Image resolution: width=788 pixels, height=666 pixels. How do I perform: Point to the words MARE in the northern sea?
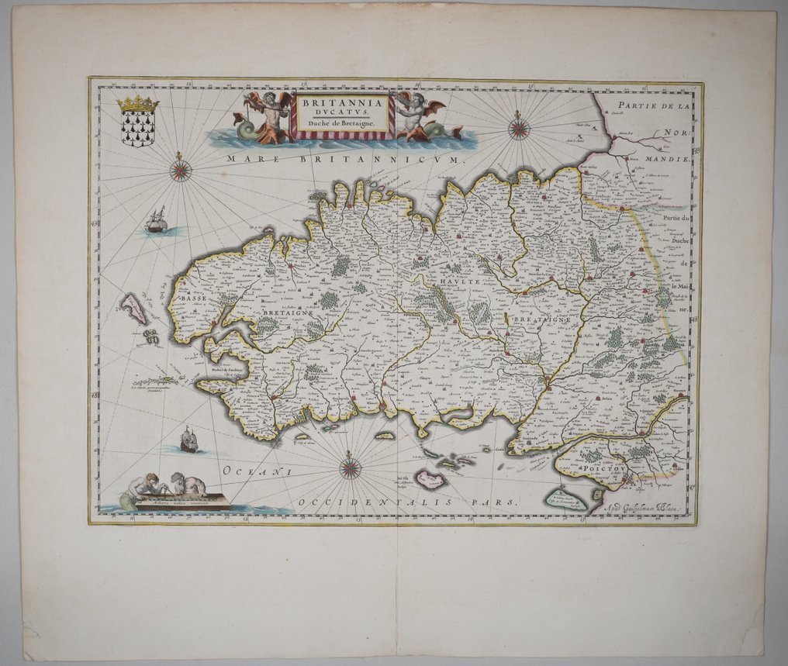(246, 158)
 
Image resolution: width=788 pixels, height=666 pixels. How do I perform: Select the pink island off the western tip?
(135, 309)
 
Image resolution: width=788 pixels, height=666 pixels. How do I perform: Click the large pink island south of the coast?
(429, 479)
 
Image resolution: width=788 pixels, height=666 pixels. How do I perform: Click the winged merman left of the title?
(266, 115)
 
